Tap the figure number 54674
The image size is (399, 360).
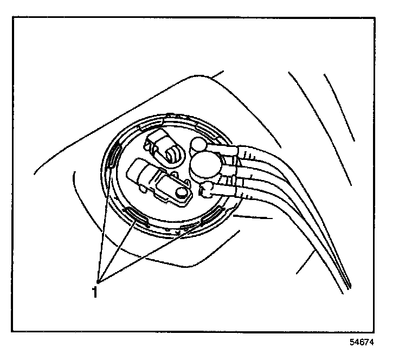pos(362,343)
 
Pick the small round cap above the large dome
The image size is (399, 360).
pos(199,144)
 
